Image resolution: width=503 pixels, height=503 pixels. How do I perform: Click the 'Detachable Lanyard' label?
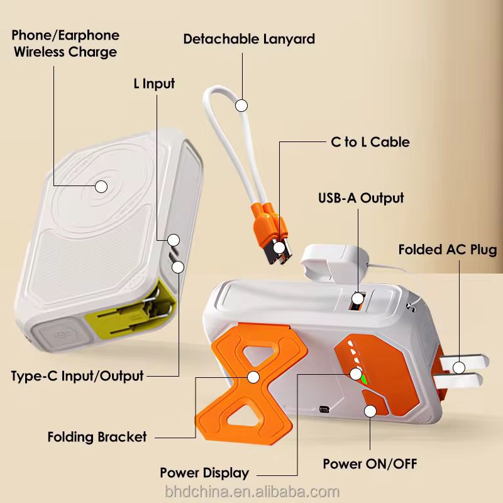tap(249, 39)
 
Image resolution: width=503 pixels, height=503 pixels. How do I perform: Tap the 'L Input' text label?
tap(154, 84)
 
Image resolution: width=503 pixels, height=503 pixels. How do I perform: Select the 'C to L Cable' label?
tap(370, 142)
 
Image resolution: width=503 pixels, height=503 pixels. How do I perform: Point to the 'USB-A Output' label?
tap(361, 198)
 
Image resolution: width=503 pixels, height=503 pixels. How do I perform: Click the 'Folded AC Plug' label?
tap(448, 250)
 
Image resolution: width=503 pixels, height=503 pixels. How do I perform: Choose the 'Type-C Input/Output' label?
tap(77, 376)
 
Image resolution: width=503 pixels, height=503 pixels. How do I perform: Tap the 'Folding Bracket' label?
tap(97, 437)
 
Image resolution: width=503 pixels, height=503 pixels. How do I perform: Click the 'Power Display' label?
tap(204, 473)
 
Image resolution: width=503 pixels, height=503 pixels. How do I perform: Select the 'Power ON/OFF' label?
tap(370, 464)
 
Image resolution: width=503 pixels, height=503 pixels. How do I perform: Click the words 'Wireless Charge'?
tap(65, 52)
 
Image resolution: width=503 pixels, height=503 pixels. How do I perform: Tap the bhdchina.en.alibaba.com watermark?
tap(252, 492)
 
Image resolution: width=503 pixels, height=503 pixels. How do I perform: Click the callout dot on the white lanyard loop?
tap(241, 106)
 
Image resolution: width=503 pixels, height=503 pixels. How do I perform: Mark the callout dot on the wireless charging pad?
tap(101, 186)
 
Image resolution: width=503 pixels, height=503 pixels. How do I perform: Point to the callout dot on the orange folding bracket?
tap(253, 377)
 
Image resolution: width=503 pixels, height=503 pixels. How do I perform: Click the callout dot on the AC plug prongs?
tap(459, 368)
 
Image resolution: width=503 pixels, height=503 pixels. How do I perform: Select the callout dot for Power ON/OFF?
tap(370, 411)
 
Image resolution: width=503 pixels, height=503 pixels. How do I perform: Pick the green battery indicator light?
tap(365, 380)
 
